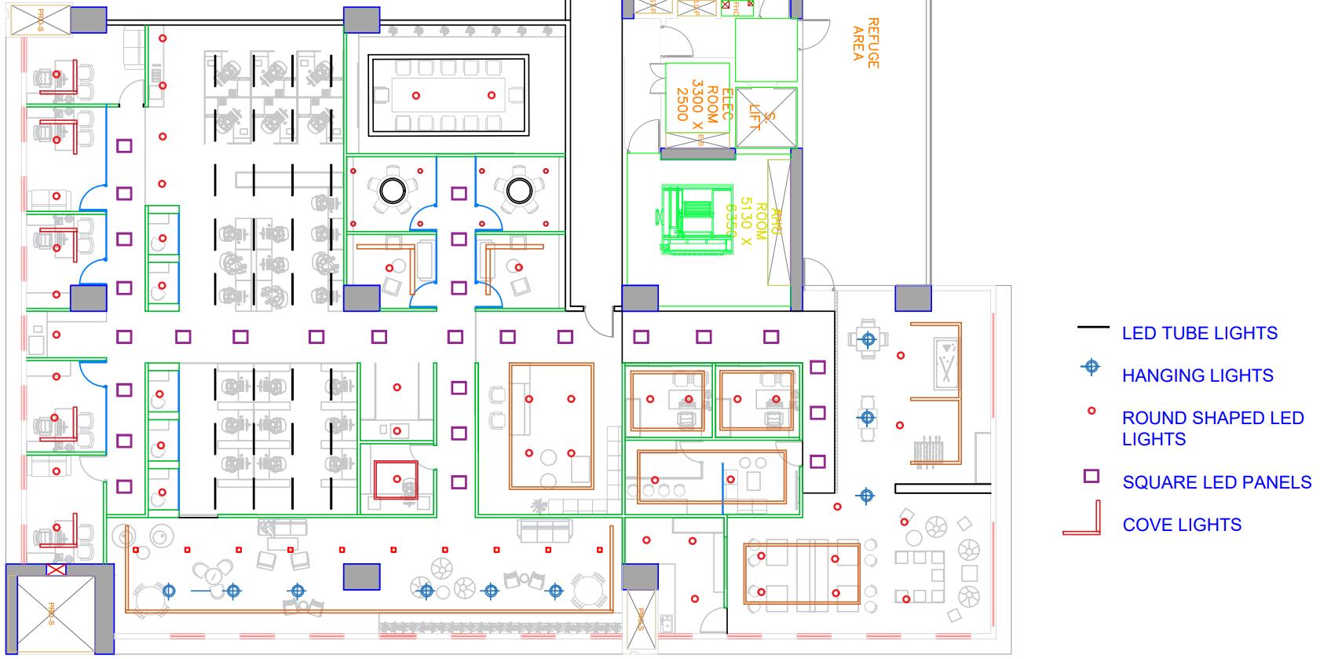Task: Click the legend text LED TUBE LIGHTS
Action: pyautogui.click(x=1199, y=333)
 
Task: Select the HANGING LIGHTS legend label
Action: pyautogui.click(x=1197, y=375)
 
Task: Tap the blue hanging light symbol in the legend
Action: pyautogui.click(x=1091, y=367)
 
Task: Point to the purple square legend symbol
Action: pyautogui.click(x=1091, y=476)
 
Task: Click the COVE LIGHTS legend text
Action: pyautogui.click(x=1182, y=525)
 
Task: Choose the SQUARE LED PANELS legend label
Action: pyautogui.click(x=1216, y=482)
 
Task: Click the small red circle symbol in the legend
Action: pyautogui.click(x=1091, y=411)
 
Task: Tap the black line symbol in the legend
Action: pyautogui.click(x=1092, y=327)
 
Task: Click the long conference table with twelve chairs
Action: pyautogui.click(x=449, y=95)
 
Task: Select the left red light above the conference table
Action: pyautogui.click(x=416, y=96)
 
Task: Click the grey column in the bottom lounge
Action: pyautogui.click(x=361, y=577)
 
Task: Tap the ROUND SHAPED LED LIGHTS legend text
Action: pyautogui.click(x=1212, y=428)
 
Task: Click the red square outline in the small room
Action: pyautogui.click(x=396, y=480)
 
